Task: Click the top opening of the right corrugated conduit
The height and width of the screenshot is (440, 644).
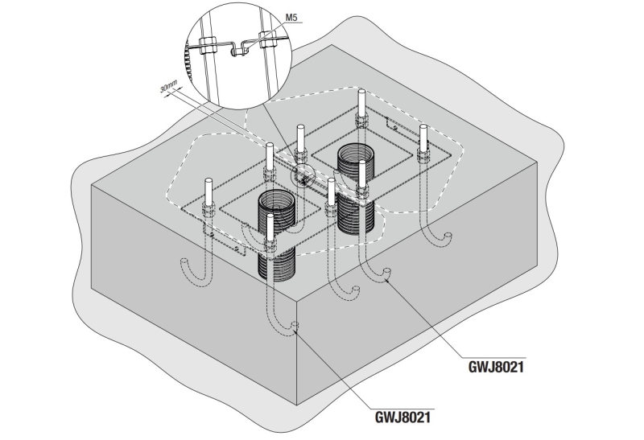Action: pyautogui.click(x=355, y=150)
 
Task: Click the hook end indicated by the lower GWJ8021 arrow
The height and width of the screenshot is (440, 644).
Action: pyautogui.click(x=295, y=327)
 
